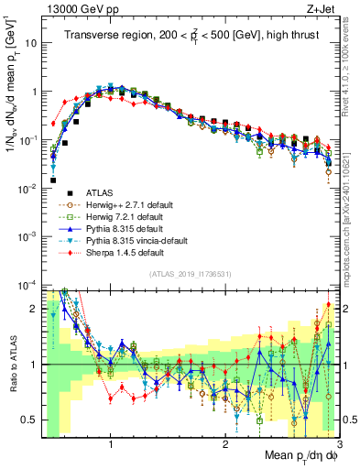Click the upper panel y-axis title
tap(12, 82)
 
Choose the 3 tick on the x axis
tap(339, 443)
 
